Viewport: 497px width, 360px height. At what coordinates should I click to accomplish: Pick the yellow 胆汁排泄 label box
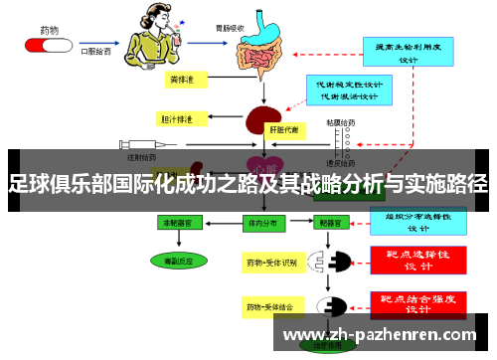179,118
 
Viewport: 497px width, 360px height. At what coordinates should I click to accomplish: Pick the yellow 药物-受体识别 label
271,263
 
